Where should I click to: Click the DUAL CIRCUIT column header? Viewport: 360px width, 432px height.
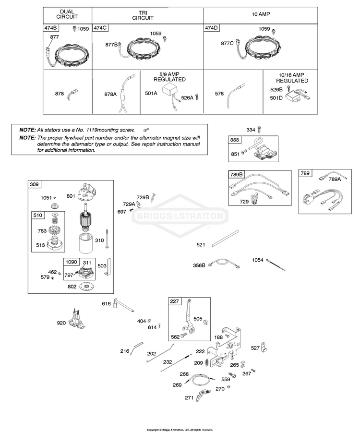[67, 14]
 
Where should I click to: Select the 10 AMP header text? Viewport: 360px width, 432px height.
[261, 14]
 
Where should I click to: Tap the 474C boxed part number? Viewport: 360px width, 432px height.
[100, 28]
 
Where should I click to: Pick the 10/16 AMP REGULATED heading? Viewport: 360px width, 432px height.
[292, 78]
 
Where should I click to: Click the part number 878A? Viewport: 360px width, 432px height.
[110, 94]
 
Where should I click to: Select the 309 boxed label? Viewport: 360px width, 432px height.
[34, 184]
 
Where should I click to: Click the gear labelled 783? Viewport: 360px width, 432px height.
[55, 229]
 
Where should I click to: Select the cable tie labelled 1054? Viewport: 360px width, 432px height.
[276, 265]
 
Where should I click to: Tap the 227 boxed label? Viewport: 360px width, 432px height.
[174, 301]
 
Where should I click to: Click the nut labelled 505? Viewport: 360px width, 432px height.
[205, 322]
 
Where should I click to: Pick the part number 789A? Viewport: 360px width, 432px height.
[335, 180]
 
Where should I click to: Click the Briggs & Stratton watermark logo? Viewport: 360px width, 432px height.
[180, 216]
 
